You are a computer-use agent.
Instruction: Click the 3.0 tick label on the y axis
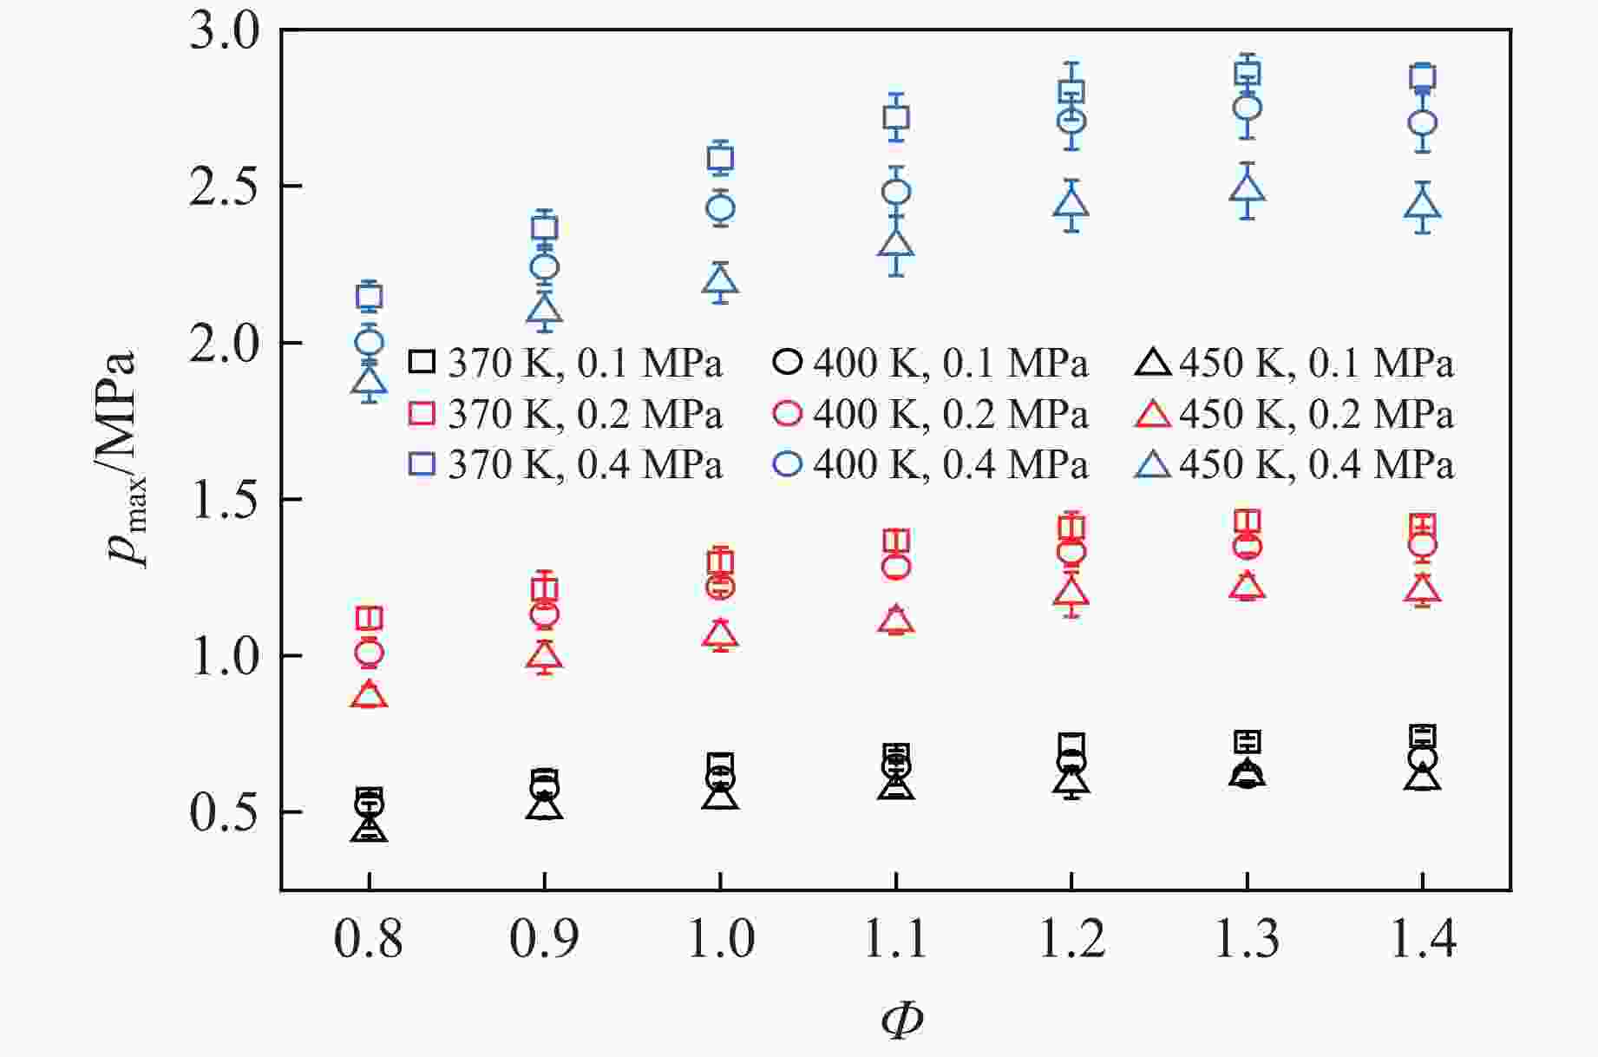click(x=225, y=33)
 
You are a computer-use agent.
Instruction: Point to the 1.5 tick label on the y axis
click(x=225, y=501)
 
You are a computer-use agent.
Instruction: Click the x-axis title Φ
click(x=901, y=1021)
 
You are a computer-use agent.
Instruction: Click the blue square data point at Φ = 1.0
click(x=720, y=159)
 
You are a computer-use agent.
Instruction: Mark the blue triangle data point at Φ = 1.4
click(x=1423, y=206)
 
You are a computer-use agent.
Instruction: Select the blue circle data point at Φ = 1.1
click(x=896, y=192)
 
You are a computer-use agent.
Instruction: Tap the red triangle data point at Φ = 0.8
click(x=369, y=695)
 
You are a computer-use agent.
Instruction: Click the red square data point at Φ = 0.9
click(x=544, y=590)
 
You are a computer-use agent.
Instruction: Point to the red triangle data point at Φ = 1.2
click(x=1071, y=593)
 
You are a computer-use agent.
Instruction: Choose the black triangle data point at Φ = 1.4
click(x=1423, y=778)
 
